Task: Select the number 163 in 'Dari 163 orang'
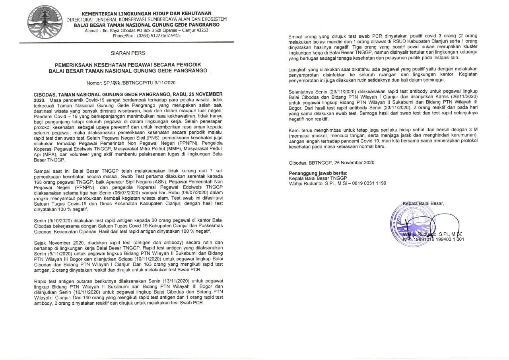pyautogui.click(x=140, y=264)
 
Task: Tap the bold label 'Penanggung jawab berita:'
pyautogui.click(x=318, y=173)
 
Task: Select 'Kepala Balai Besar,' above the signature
pyautogui.click(x=423, y=204)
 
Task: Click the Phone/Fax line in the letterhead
pyautogui.click(x=146, y=35)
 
